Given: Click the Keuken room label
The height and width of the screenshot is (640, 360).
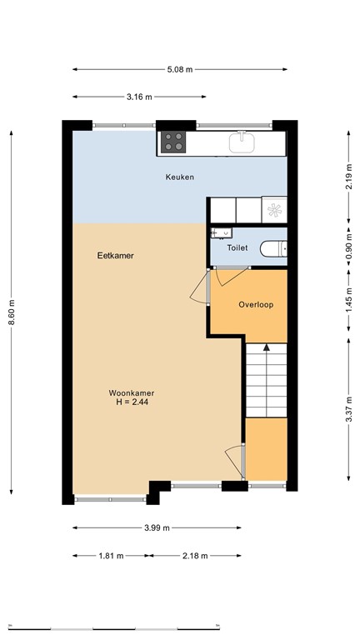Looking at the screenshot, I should [179, 177].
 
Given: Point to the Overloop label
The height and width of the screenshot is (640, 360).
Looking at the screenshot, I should [256, 304].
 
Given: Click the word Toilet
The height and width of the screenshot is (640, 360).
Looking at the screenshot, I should [237, 247].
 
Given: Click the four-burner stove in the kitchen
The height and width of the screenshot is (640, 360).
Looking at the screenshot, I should [174, 142].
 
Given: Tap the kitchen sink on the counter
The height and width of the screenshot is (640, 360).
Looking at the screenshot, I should [242, 142].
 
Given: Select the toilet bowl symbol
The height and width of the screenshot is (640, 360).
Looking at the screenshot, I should [274, 247].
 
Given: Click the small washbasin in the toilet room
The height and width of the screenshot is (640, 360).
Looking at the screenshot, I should [220, 233].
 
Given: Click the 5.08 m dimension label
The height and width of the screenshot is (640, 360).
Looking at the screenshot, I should [180, 70].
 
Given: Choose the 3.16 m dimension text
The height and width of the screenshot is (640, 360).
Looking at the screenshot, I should [139, 97].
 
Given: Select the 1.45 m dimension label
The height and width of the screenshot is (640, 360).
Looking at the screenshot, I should [348, 298].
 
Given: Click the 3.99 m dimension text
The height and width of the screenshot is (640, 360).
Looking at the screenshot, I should [156, 527].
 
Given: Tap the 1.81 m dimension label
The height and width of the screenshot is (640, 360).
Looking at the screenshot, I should [111, 556].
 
